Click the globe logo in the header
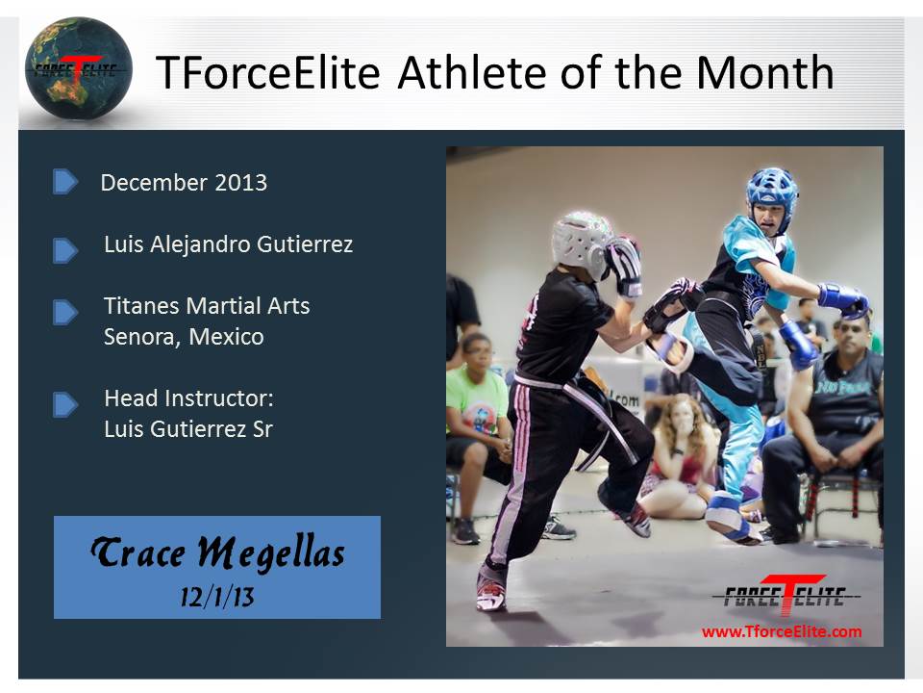point(78,67)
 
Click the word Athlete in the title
point(473,72)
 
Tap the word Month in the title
point(764,72)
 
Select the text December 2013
point(184,183)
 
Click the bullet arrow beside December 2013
point(64,182)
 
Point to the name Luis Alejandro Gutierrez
point(229,244)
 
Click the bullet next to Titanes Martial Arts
point(64,312)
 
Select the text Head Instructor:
point(189,398)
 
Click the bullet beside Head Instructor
point(64,405)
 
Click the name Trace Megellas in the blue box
point(217,552)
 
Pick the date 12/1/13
point(217,597)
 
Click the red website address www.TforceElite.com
point(782,631)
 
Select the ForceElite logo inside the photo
point(786,595)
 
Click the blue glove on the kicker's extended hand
point(843,297)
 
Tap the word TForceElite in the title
point(268,72)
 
